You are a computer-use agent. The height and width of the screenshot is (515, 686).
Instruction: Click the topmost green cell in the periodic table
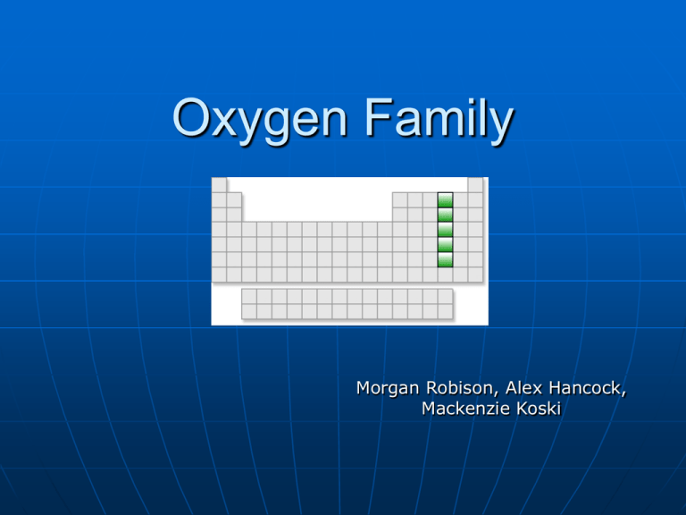tap(445, 200)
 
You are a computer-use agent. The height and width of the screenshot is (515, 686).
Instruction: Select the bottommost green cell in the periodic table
tap(445, 259)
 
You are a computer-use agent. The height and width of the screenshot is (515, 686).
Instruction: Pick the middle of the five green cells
tap(445, 230)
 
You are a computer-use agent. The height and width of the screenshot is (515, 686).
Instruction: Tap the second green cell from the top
tap(445, 215)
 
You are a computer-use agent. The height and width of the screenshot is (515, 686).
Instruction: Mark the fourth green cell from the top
tap(445, 245)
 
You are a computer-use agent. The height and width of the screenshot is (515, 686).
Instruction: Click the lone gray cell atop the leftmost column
tap(219, 185)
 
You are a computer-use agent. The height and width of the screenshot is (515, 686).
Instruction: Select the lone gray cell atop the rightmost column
tap(475, 185)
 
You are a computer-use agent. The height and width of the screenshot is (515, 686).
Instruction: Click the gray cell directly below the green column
tap(445, 274)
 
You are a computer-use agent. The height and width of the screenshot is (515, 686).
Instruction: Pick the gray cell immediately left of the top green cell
tap(430, 200)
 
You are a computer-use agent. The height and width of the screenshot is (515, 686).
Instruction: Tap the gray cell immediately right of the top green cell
tap(460, 200)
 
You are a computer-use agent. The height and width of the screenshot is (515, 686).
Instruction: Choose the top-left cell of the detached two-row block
tap(249, 296)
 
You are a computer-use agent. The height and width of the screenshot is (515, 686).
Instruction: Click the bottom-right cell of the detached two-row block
tap(445, 310)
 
